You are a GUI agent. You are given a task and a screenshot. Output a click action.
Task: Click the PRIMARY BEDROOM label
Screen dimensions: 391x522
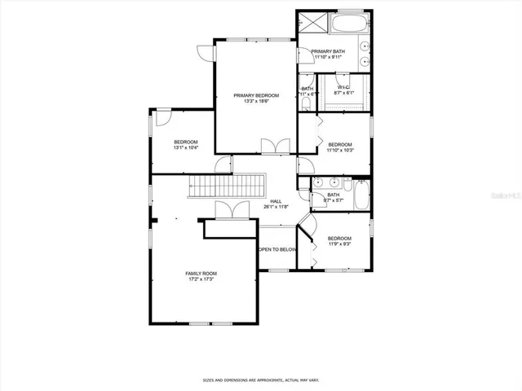coord(256,96)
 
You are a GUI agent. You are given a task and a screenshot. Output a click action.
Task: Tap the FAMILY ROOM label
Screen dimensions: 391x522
coord(201,273)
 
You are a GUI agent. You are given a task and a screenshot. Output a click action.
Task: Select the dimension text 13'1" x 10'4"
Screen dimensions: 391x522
coord(185,148)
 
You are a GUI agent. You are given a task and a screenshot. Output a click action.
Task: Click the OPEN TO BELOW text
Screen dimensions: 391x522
coord(277,249)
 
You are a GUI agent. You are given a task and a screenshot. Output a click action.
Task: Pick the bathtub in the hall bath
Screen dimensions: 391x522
coord(359,195)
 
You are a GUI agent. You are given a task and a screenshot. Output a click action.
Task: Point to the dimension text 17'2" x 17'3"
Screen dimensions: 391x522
coord(201,279)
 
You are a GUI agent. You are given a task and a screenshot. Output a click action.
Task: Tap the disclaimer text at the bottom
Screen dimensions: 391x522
coord(260,379)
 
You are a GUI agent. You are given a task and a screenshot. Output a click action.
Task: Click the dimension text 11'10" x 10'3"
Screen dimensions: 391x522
coord(339,150)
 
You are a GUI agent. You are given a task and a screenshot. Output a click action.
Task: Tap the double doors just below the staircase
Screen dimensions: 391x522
coord(226,209)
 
